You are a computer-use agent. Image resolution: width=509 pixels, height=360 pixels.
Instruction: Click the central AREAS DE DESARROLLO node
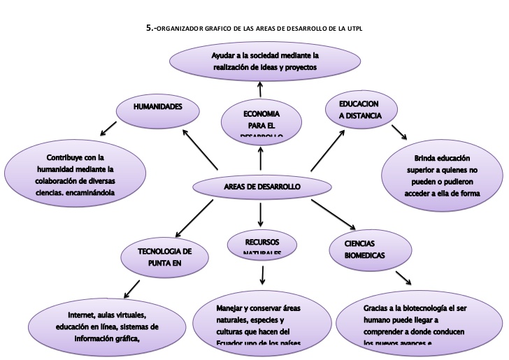(x=261, y=187)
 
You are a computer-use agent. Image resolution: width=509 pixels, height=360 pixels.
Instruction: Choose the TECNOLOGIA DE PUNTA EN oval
(x=165, y=257)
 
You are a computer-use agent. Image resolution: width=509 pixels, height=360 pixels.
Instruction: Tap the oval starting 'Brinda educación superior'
(x=442, y=175)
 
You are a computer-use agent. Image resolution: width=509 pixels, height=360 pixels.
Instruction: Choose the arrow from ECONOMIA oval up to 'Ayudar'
(x=260, y=87)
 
